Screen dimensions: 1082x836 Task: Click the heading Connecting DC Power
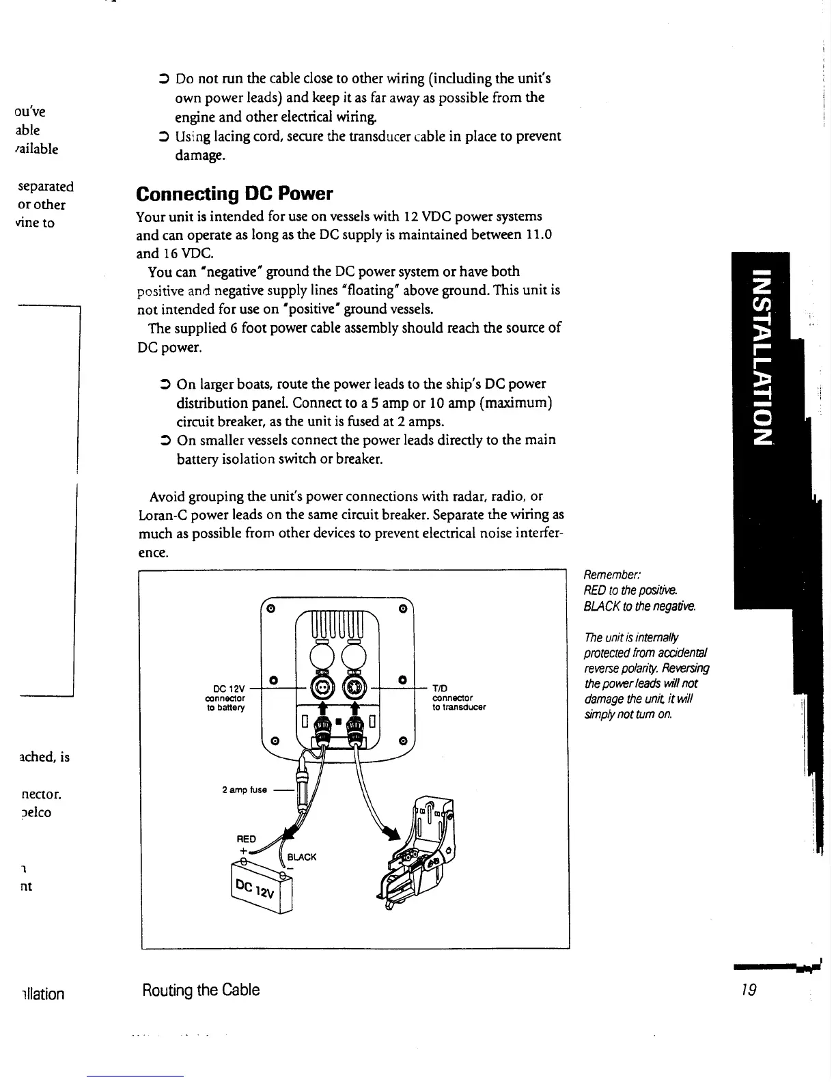tap(234, 194)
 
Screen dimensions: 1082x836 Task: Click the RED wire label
tap(246, 839)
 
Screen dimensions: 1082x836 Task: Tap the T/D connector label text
tap(458, 698)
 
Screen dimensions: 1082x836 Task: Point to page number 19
tap(749, 990)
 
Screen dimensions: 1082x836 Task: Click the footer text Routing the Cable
tap(201, 990)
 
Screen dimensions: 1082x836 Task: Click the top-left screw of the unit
tap(271, 607)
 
